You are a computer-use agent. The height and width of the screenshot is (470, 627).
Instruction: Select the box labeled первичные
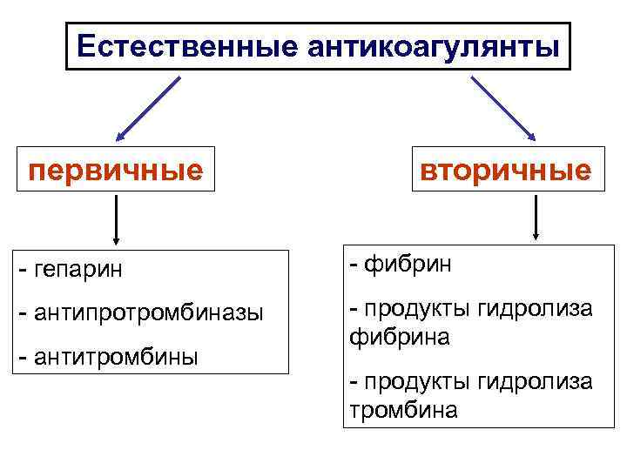[116, 169]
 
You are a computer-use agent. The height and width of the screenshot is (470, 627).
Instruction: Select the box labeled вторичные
[506, 169]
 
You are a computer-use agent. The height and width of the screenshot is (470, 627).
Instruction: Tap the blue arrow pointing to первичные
[148, 108]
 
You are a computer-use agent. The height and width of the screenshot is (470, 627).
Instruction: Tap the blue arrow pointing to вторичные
[503, 108]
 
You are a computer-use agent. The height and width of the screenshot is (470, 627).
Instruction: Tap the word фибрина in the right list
[400, 336]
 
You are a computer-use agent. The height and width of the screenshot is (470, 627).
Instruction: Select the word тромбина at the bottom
[402, 410]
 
